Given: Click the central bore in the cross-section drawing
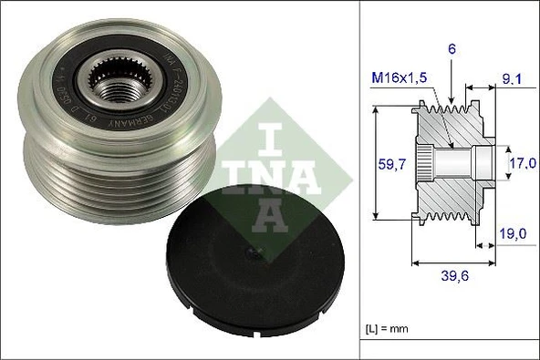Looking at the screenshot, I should pos(461,164).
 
